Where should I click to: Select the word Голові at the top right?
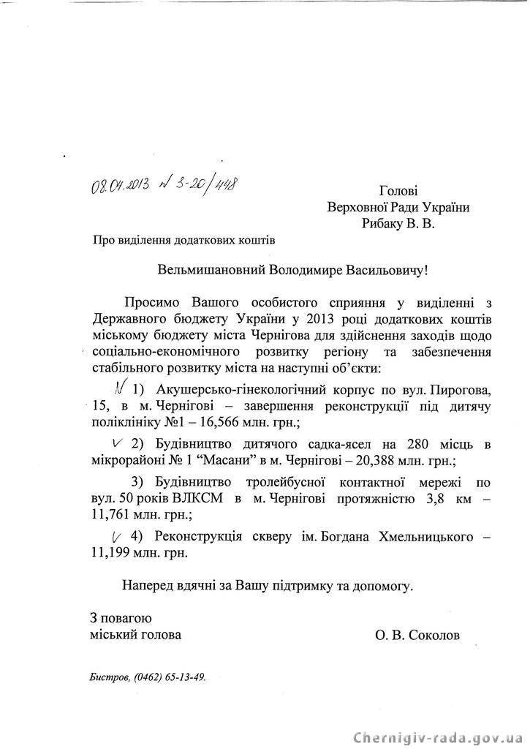(x=399, y=191)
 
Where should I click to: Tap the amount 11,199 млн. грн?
(x=140, y=552)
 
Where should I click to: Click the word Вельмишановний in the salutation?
(x=209, y=270)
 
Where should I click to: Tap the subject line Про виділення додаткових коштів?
(x=184, y=238)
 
